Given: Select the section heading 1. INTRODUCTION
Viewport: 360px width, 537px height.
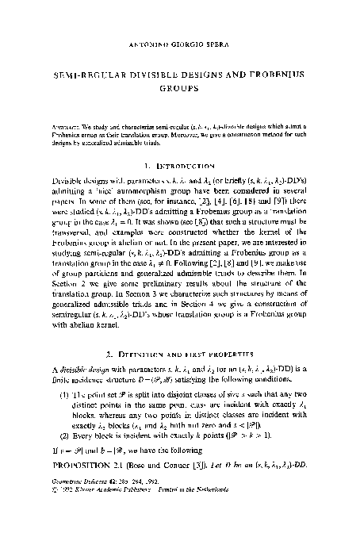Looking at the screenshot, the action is click(x=179, y=168).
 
